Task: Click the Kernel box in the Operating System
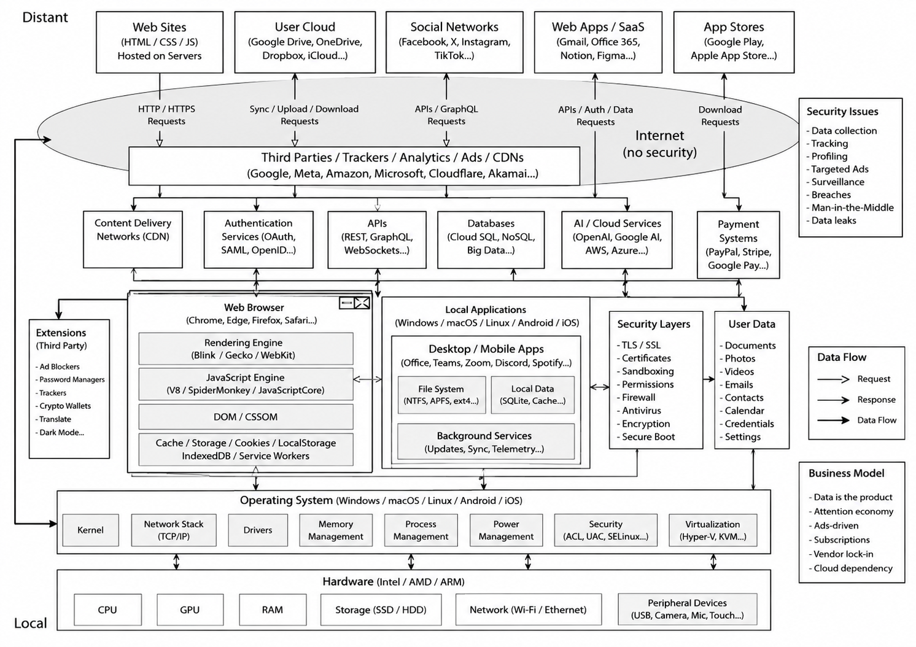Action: (90, 530)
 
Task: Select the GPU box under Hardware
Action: (190, 610)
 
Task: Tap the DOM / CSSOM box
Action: (246, 417)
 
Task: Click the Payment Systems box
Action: (738, 244)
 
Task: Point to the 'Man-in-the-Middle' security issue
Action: (852, 207)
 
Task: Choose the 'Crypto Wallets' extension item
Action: (64, 406)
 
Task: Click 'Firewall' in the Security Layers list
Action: (638, 398)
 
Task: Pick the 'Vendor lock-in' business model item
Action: (843, 554)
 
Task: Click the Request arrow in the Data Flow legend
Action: (833, 379)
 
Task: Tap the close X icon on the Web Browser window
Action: (362, 303)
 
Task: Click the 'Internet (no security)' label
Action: (659, 144)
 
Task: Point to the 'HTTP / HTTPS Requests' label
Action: (166, 115)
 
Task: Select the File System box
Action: (441, 395)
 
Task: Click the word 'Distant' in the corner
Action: (45, 17)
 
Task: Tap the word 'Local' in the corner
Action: (31, 623)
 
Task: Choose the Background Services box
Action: (486, 442)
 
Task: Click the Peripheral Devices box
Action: (688, 610)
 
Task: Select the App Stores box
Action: (734, 42)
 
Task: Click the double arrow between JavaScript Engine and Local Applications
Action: (367, 379)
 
